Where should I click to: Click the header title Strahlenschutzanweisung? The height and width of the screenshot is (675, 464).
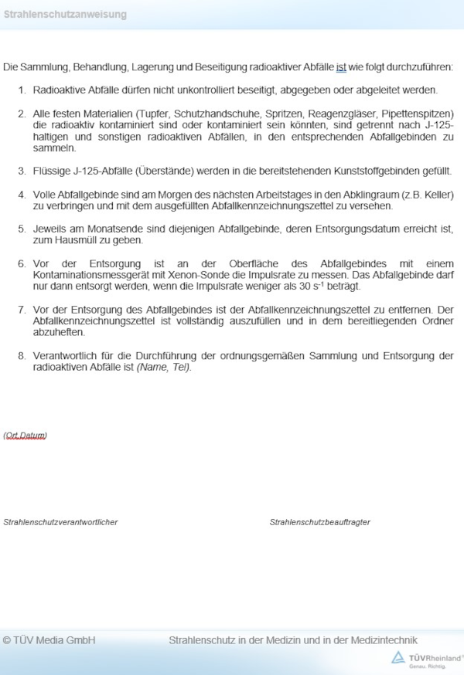tap(64, 15)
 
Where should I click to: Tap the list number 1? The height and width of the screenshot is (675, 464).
tap(22, 90)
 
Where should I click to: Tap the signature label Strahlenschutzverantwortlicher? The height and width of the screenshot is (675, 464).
tap(60, 523)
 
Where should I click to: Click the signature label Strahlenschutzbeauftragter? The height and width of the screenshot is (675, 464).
tap(319, 523)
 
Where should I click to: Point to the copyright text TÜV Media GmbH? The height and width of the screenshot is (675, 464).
tap(49, 640)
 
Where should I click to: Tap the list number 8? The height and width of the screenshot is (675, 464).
tap(22, 356)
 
